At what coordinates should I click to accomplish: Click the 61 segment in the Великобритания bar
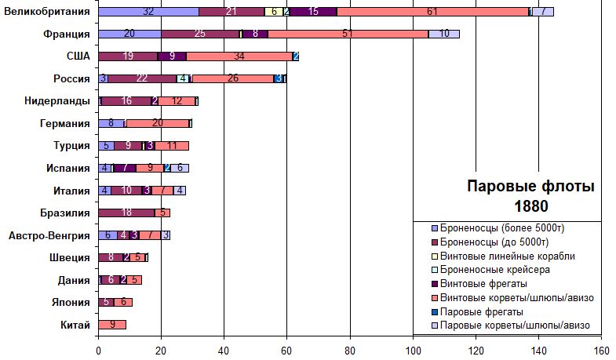click(x=433, y=12)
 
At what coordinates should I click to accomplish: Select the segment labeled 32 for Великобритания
click(x=148, y=12)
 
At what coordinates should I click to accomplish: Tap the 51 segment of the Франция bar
click(x=348, y=34)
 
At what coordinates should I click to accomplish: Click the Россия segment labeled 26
click(x=233, y=78)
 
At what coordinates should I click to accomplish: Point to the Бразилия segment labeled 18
click(x=126, y=213)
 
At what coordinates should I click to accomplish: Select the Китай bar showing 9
click(x=112, y=325)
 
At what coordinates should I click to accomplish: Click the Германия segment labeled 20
click(x=157, y=123)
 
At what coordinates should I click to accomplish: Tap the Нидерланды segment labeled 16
click(x=126, y=101)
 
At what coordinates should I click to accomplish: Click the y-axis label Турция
click(x=71, y=146)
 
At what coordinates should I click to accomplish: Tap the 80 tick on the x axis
click(x=350, y=350)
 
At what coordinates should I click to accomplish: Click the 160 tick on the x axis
click(x=601, y=350)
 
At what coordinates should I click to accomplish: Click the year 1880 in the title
click(x=530, y=206)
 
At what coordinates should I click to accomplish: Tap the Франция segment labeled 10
click(x=444, y=34)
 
